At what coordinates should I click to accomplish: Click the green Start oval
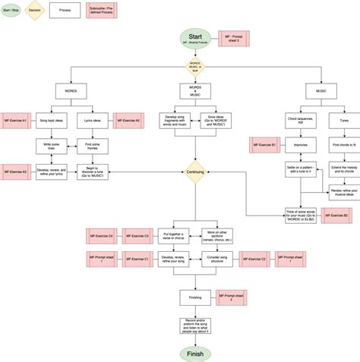[195, 39]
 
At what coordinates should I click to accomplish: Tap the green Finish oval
[195, 354]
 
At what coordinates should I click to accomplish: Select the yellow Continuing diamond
[195, 172]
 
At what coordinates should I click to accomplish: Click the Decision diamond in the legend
[33, 11]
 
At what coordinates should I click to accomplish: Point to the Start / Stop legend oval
[10, 11]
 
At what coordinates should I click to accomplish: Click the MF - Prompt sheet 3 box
[233, 39]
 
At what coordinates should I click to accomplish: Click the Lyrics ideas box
[93, 121]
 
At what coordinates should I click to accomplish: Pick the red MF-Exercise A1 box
[15, 121]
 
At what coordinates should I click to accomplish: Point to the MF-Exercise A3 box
[15, 172]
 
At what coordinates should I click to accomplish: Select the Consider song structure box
[216, 260]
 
